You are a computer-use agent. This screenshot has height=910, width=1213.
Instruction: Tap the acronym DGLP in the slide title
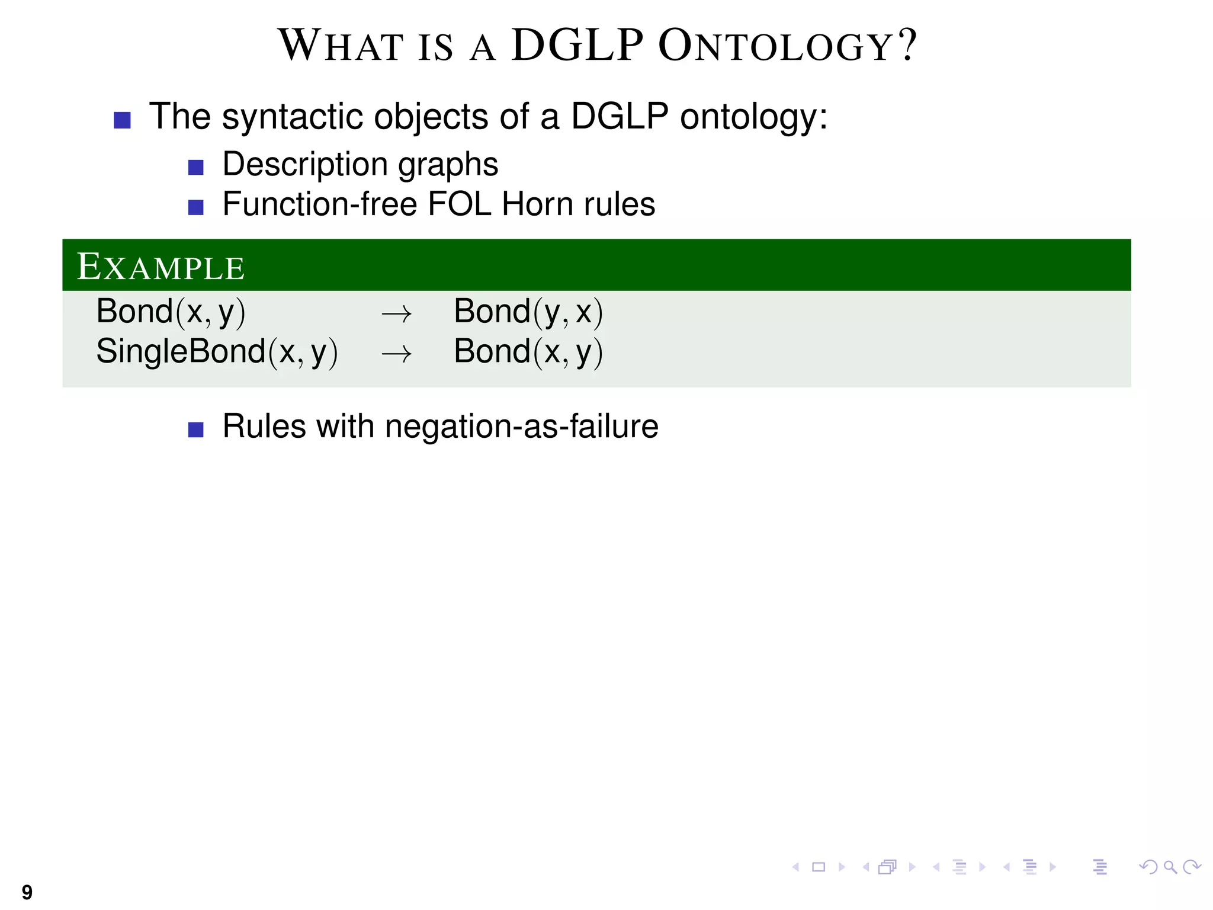point(577,46)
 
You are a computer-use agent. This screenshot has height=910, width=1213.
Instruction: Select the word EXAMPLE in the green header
point(161,267)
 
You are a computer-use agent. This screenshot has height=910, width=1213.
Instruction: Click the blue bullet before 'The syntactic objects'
point(122,120)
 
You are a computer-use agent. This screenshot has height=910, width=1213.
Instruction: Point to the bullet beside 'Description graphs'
point(195,168)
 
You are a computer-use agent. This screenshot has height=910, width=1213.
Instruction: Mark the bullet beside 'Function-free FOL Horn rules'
point(195,207)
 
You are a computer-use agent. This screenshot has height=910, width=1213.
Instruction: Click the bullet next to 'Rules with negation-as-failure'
point(195,430)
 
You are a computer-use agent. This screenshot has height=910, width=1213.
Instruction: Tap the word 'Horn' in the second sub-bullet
point(537,204)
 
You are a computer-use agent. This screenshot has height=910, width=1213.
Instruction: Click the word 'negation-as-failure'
point(521,427)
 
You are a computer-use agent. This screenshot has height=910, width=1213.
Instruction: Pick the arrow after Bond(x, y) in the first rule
point(396,314)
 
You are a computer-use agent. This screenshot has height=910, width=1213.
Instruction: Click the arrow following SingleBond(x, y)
point(396,354)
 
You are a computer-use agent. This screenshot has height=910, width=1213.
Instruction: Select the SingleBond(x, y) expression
point(217,352)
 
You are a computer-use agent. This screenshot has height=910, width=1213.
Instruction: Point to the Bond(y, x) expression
point(528,312)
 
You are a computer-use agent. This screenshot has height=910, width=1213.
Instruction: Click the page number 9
point(27,892)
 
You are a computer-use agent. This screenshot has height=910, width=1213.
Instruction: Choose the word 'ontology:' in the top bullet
point(753,117)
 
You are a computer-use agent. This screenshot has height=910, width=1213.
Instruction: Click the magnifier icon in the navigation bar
point(1170,867)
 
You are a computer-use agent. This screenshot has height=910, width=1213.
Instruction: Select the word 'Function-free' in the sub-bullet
point(320,204)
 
